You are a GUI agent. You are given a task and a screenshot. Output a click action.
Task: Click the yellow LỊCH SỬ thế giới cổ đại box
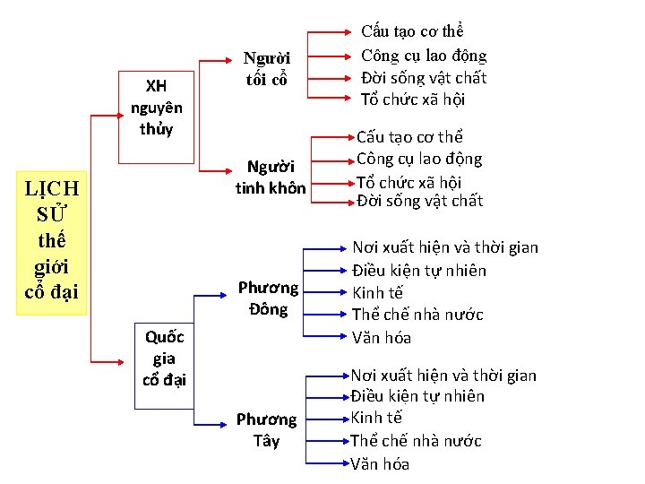tap(53, 242)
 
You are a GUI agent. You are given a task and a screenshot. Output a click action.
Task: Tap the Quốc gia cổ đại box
tap(164, 358)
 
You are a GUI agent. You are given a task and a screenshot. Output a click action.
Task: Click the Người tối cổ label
tap(267, 69)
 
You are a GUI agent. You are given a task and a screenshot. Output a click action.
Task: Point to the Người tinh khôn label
tap(270, 177)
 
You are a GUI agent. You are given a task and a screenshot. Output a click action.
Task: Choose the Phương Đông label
tap(267, 298)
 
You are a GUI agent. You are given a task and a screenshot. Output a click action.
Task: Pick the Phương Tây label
tap(266, 430)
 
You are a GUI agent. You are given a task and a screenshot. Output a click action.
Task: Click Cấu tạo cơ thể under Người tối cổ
tap(412, 32)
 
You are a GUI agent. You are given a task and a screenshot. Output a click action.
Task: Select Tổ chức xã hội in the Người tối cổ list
tap(413, 99)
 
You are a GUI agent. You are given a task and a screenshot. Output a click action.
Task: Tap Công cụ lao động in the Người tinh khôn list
tap(419, 160)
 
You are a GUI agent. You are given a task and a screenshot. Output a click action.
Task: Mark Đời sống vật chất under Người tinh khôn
tap(419, 201)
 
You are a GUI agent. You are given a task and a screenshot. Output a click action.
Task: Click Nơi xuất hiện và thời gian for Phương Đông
tap(445, 247)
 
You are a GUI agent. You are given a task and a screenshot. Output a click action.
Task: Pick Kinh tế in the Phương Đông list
tap(377, 292)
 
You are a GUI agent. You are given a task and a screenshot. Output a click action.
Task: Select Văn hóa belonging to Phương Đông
tap(381, 338)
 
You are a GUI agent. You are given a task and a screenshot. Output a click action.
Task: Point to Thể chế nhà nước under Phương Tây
tap(416, 441)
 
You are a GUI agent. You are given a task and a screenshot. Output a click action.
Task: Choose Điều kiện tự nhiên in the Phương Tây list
tap(417, 396)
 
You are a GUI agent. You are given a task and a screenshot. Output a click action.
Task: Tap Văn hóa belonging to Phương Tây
tap(380, 463)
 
